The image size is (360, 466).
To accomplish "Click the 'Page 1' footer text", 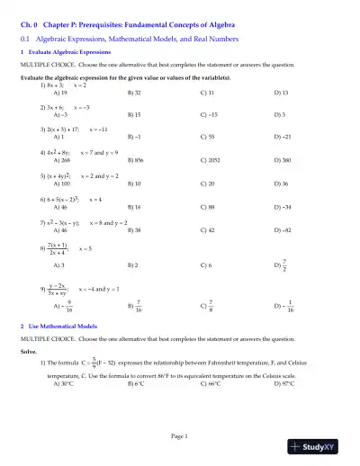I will click(x=180, y=436).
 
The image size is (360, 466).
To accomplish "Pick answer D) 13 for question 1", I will click(x=282, y=93).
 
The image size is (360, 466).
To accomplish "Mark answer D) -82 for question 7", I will click(x=282, y=229).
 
